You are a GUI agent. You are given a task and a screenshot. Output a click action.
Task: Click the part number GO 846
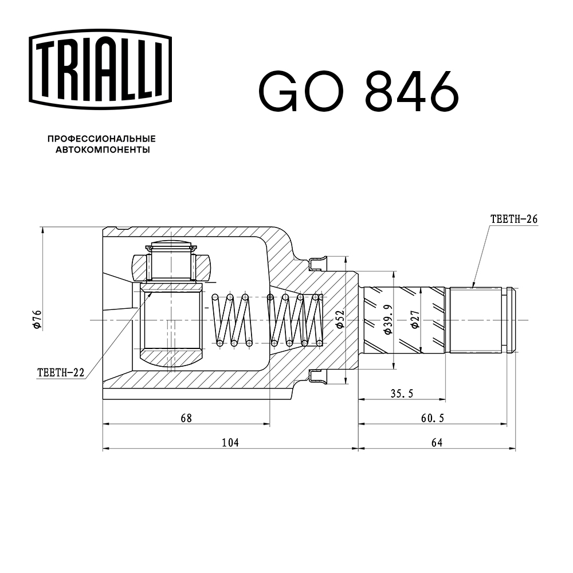click(x=359, y=91)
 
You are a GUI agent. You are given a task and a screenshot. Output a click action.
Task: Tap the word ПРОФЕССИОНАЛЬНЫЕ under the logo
click(x=101, y=139)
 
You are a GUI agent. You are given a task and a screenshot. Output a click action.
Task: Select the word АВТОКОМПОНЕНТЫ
click(x=103, y=150)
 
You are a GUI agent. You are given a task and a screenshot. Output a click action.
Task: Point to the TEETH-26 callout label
click(x=514, y=219)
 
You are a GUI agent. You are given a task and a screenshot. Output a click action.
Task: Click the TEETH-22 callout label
click(x=61, y=373)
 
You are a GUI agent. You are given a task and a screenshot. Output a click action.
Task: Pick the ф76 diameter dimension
click(x=38, y=319)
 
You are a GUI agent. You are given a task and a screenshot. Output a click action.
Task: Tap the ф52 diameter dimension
click(x=340, y=319)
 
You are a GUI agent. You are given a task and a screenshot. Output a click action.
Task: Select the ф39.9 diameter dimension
click(x=388, y=319)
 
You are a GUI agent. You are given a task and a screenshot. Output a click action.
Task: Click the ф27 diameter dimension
click(x=415, y=319)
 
